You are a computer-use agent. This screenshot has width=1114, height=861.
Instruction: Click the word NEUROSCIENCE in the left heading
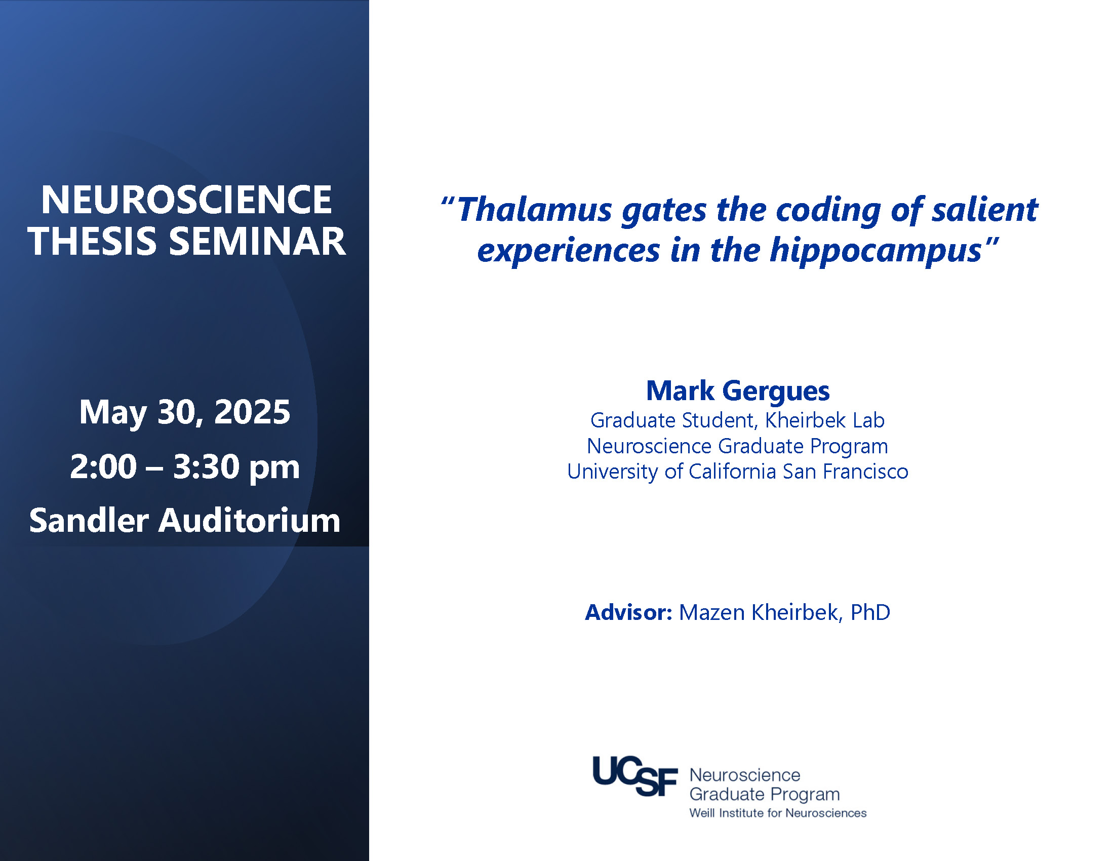186,200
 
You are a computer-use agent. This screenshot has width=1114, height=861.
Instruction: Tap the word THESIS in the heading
92,241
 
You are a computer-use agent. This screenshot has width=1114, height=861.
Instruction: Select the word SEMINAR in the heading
258,241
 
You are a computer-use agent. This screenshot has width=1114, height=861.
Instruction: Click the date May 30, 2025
185,412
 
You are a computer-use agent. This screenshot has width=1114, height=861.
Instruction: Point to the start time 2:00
103,467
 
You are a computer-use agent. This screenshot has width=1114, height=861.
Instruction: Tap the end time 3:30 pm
236,468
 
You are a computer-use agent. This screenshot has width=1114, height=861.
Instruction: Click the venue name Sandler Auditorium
185,521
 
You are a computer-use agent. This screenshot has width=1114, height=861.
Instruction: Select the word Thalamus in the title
535,210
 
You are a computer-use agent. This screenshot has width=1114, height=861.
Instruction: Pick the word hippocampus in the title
876,251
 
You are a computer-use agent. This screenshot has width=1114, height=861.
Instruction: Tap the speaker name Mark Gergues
738,392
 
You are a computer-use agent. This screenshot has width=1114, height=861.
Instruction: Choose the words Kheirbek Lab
825,420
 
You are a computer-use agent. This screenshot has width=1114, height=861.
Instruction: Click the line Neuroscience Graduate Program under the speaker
738,446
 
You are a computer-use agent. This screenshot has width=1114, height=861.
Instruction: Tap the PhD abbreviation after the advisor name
870,613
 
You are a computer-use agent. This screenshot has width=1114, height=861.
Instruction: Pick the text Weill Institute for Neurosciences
778,813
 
